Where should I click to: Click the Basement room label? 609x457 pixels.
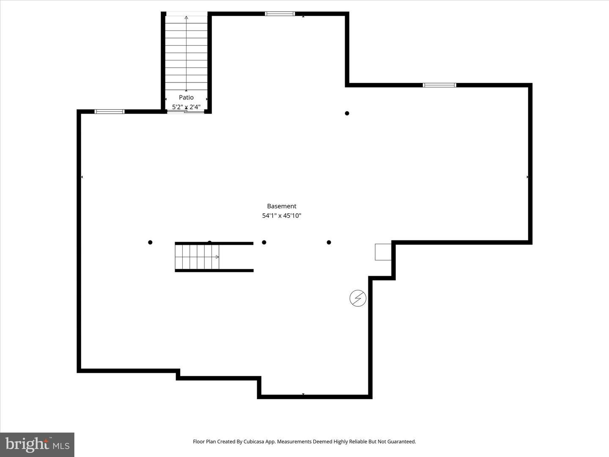(282, 206)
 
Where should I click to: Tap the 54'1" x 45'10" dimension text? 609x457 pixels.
(282, 216)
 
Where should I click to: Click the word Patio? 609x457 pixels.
(186, 97)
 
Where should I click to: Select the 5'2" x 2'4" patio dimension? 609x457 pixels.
(186, 107)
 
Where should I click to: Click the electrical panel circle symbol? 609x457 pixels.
(358, 298)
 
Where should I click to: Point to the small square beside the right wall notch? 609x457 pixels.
(383, 252)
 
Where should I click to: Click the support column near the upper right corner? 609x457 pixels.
(347, 113)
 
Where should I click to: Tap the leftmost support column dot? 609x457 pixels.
(150, 242)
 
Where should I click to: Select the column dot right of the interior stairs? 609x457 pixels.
(264, 242)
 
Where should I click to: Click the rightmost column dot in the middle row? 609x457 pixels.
(329, 242)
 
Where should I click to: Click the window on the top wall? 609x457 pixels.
(280, 14)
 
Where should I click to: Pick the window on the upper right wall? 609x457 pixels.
(439, 85)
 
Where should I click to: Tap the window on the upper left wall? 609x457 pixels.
(110, 112)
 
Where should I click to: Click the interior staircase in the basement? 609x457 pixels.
(197, 257)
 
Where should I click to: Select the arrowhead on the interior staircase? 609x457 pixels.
(217, 257)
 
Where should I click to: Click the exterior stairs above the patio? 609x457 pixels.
(186, 53)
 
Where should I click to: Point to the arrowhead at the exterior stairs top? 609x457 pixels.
(186, 18)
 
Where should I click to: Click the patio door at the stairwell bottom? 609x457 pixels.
(186, 112)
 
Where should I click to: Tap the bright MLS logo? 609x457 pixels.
(37, 444)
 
